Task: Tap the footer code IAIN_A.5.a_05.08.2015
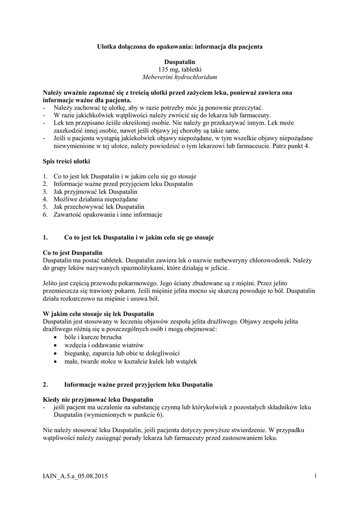pos(75,477)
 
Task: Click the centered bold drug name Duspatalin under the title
pos(180,62)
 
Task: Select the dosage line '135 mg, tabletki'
pos(180,69)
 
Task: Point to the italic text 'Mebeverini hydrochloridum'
pos(180,77)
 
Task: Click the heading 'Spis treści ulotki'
pos(67,162)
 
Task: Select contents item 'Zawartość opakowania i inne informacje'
pos(108,215)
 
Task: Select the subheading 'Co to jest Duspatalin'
pos(72,252)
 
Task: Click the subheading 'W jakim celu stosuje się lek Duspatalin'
pos(99,314)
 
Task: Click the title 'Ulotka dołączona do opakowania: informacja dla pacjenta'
pos(179,46)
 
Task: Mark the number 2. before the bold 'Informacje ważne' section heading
pos(46,384)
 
